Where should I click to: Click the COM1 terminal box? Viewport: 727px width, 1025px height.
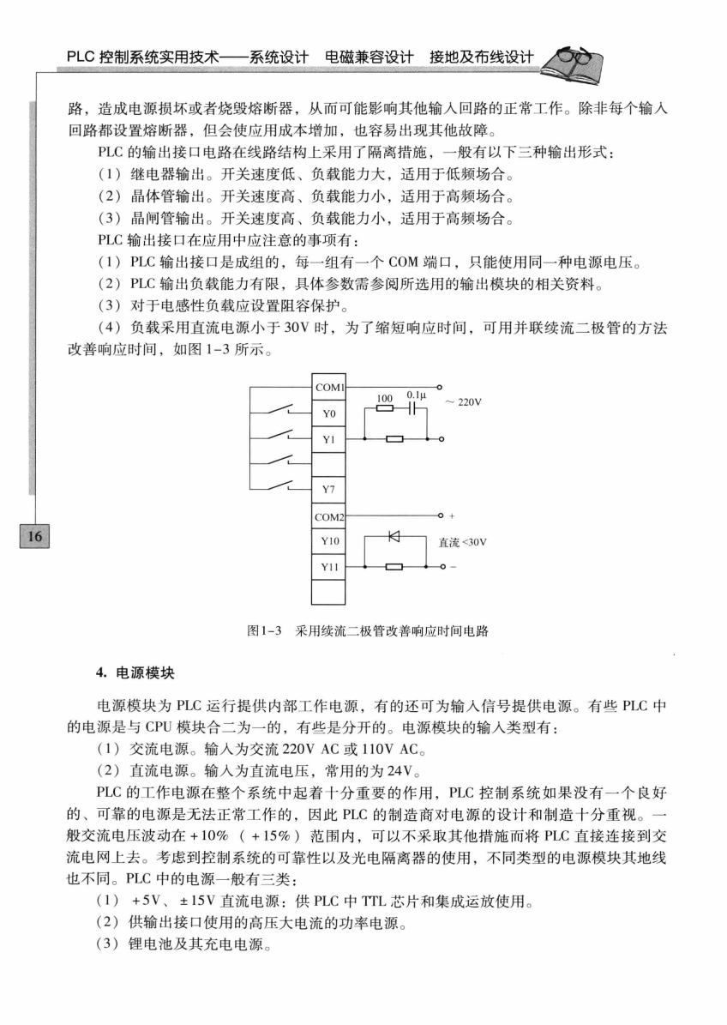pos(329,388)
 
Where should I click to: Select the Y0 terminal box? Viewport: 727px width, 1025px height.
pos(329,413)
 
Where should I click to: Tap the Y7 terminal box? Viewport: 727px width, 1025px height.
pos(329,490)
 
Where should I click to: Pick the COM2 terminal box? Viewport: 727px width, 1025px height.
pos(329,516)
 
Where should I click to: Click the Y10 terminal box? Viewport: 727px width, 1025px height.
pos(329,542)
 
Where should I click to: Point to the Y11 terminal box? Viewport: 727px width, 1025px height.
pos(329,567)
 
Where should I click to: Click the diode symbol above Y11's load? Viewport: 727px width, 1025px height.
pos(395,537)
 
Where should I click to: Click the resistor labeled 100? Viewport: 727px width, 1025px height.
pos(385,409)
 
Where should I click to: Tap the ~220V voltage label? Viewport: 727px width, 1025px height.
pos(462,401)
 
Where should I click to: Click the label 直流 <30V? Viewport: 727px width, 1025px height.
pos(463,542)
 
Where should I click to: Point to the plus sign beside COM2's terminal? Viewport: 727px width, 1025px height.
pos(451,516)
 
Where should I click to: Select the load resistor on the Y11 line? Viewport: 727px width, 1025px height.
pos(395,567)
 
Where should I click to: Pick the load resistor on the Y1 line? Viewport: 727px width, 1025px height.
pos(395,439)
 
